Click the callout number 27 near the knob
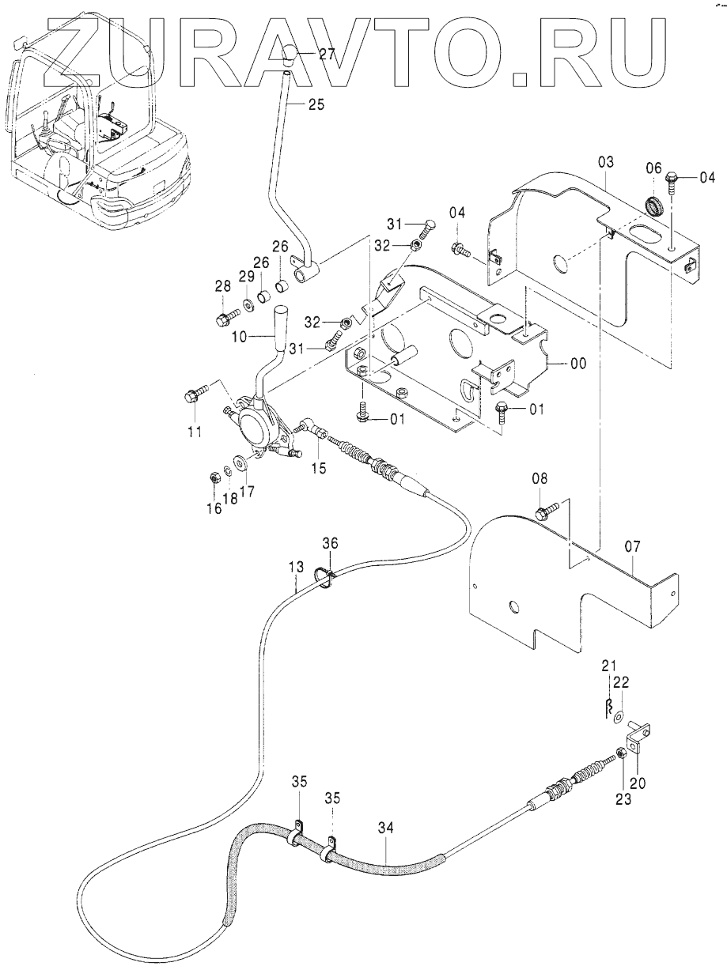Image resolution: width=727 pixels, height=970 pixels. pyautogui.click(x=328, y=54)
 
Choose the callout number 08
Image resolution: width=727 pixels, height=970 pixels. pyautogui.click(x=540, y=478)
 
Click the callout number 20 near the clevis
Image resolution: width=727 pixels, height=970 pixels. pyautogui.click(x=638, y=784)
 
